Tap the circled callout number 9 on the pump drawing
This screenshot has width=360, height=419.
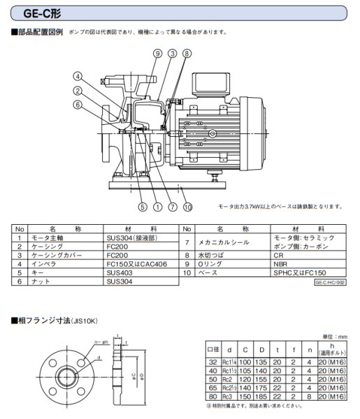click(x=157, y=53)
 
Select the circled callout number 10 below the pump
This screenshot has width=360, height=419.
click(x=187, y=206)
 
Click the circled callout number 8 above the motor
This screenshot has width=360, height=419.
click(x=187, y=53)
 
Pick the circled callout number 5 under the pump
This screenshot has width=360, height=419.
click(x=141, y=206)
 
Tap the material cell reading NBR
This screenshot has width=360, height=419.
click(x=283, y=266)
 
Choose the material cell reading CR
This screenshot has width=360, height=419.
click(x=281, y=257)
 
